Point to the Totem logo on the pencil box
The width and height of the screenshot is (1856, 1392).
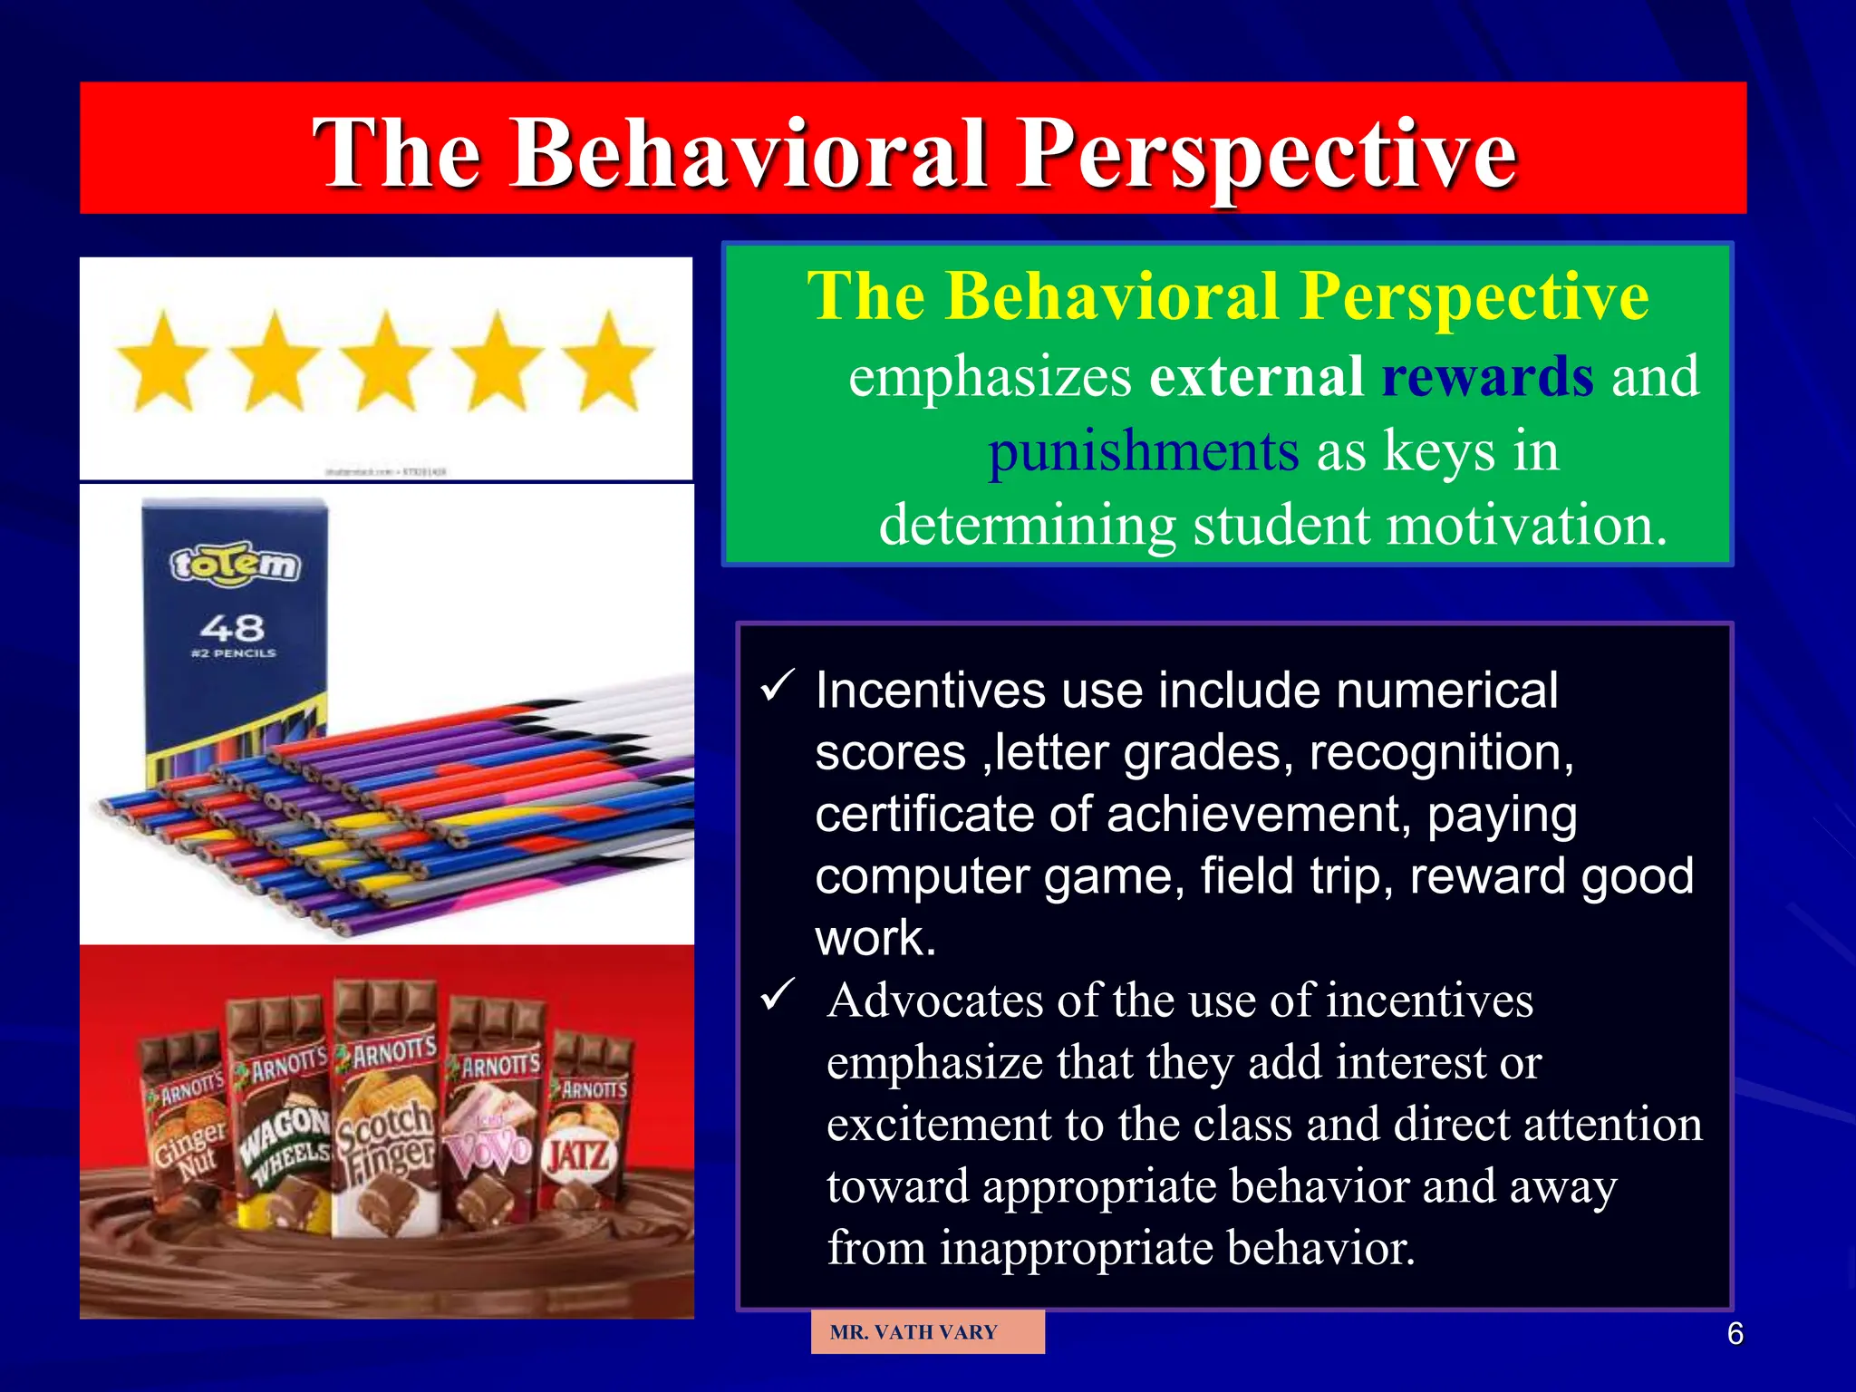point(235,566)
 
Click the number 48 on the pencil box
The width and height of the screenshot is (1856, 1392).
point(232,628)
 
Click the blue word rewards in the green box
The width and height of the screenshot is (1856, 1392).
point(1487,376)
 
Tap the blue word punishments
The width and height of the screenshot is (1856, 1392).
point(1143,450)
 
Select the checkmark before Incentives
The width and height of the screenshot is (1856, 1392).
point(778,686)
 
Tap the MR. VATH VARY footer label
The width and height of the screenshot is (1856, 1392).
point(913,1332)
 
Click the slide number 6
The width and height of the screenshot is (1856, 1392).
point(1735,1334)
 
